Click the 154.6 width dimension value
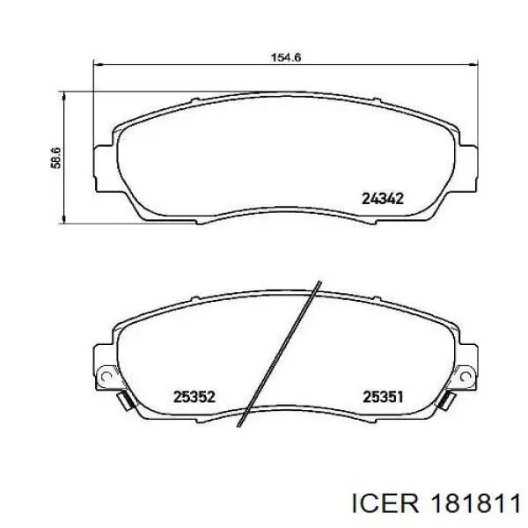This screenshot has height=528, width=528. coord(286,57)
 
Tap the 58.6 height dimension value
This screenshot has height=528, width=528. coord(56,158)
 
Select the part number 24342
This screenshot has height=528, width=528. coord(383,199)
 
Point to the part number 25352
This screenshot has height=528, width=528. coord(194,397)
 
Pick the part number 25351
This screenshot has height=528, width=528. coord(383,397)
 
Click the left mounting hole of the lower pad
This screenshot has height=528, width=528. coord(105,376)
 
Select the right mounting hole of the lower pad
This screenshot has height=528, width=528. coord(466,376)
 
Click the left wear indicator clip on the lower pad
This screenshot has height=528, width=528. coord(125,401)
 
